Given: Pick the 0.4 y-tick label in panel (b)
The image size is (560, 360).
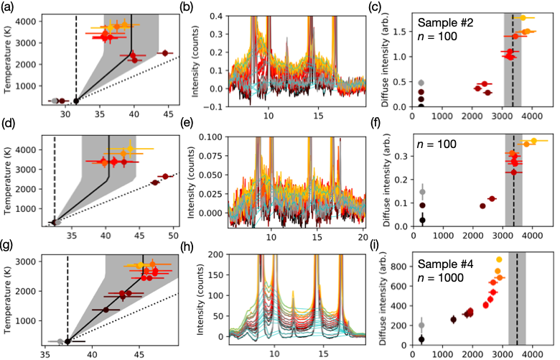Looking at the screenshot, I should tap(220, 14).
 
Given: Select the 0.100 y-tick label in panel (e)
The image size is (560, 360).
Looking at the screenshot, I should tap(214, 136).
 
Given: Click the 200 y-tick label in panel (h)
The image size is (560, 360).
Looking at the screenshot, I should tap(218, 254).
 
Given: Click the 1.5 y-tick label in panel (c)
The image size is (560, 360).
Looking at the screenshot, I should tap(399, 32).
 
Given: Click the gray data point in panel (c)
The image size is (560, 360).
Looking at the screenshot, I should tap(421, 83).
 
